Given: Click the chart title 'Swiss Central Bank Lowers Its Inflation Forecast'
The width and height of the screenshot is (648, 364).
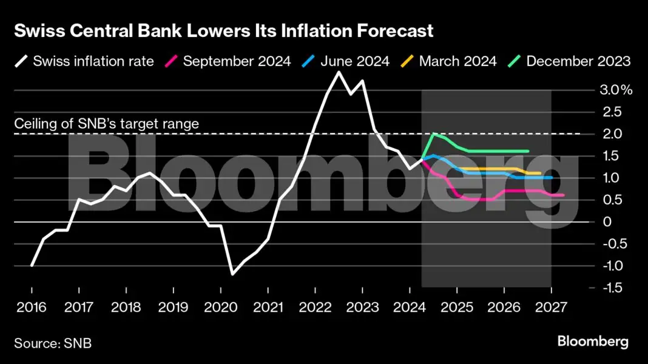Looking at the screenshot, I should [224, 32].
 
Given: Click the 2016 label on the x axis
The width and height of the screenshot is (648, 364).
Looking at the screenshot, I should [32, 307].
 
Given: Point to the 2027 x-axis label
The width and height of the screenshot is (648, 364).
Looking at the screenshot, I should [550, 307].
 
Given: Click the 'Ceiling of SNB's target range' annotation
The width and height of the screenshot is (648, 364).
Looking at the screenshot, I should [106, 124].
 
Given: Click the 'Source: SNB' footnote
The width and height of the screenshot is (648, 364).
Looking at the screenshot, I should [53, 343].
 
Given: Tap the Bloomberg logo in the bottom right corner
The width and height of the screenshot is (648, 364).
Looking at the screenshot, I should [593, 342].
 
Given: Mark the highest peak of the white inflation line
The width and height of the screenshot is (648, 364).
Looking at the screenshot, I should [339, 72].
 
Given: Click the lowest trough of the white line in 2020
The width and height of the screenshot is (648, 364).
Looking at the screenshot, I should [232, 274].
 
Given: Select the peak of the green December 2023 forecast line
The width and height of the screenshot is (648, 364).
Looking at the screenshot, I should [434, 134].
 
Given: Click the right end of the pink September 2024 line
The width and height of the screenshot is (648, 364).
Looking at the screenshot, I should [563, 195].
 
